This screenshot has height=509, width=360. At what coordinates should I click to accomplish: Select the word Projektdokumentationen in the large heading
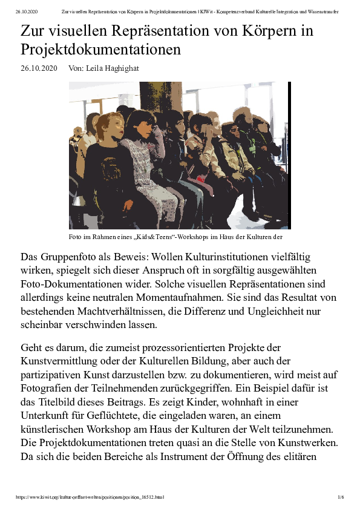click(x=101, y=50)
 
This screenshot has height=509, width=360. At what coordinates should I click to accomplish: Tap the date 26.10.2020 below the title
click(x=39, y=68)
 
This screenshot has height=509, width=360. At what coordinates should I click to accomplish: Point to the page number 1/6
click(x=341, y=497)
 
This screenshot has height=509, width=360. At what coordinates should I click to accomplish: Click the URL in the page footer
click(x=90, y=497)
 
